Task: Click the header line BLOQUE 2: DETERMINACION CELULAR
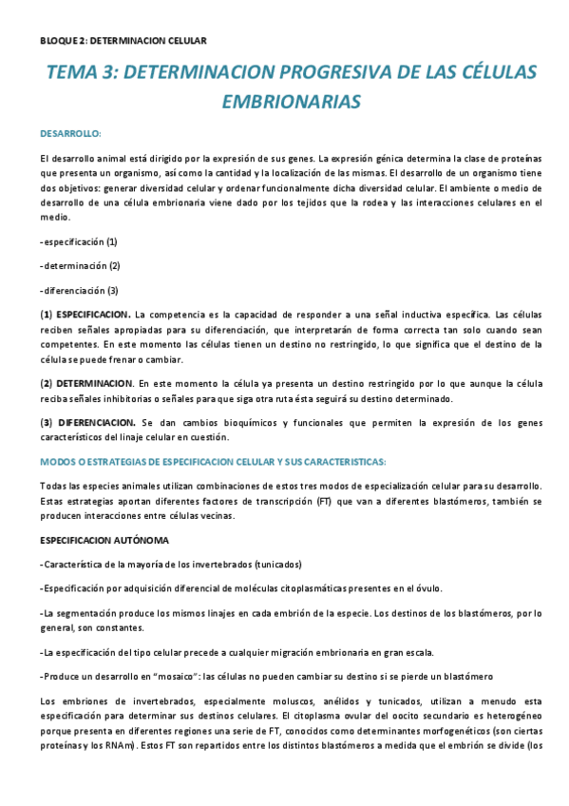[123, 40]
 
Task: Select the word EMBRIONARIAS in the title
[292, 100]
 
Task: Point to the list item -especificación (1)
[80, 242]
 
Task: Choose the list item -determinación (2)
[81, 265]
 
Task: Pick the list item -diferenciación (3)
[80, 290]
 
